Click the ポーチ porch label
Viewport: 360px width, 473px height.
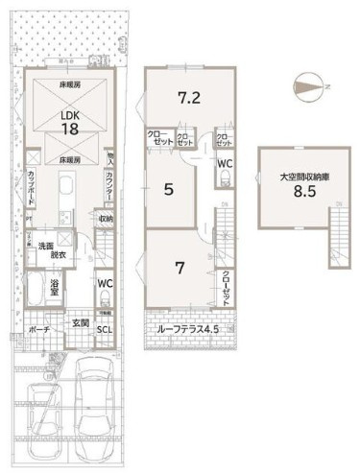39,328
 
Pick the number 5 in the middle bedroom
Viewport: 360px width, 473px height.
168,190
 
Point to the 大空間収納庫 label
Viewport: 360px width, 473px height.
297,177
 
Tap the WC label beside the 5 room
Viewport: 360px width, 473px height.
224,164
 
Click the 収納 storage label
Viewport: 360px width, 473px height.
105,219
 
